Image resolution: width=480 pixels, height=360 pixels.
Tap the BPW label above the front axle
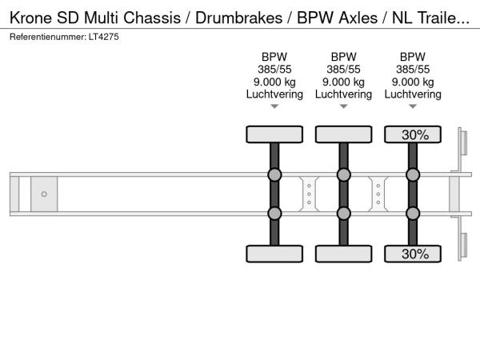pos(274,57)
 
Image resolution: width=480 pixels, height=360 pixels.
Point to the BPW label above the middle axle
pos(343,57)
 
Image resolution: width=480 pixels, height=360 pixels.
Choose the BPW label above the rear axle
pos(413,57)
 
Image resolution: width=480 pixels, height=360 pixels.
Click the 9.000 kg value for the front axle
pos(274,82)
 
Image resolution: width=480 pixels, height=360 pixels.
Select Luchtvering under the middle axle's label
pos(343,94)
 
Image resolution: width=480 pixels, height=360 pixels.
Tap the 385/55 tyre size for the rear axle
pos(413,69)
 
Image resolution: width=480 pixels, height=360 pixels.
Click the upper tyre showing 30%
pos(413,134)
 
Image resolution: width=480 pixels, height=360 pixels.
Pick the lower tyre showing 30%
pos(413,254)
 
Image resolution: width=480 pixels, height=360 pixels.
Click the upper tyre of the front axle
pos(274,134)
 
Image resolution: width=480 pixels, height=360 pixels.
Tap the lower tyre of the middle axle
pos(343,254)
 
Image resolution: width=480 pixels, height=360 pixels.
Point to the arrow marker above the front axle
pos(274,106)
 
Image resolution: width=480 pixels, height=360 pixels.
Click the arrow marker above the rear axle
pos(413,106)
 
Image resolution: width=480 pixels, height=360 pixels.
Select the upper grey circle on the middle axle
pos(343,175)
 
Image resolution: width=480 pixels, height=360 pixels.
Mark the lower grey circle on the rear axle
pos(413,213)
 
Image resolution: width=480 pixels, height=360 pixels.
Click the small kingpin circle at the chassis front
pos(44,194)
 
